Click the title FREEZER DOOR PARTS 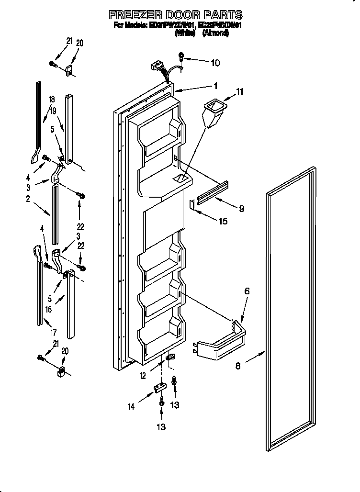(x=175, y=15)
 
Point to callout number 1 (x=215, y=86)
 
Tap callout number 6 (x=247, y=291)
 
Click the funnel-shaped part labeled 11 (x=213, y=112)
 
